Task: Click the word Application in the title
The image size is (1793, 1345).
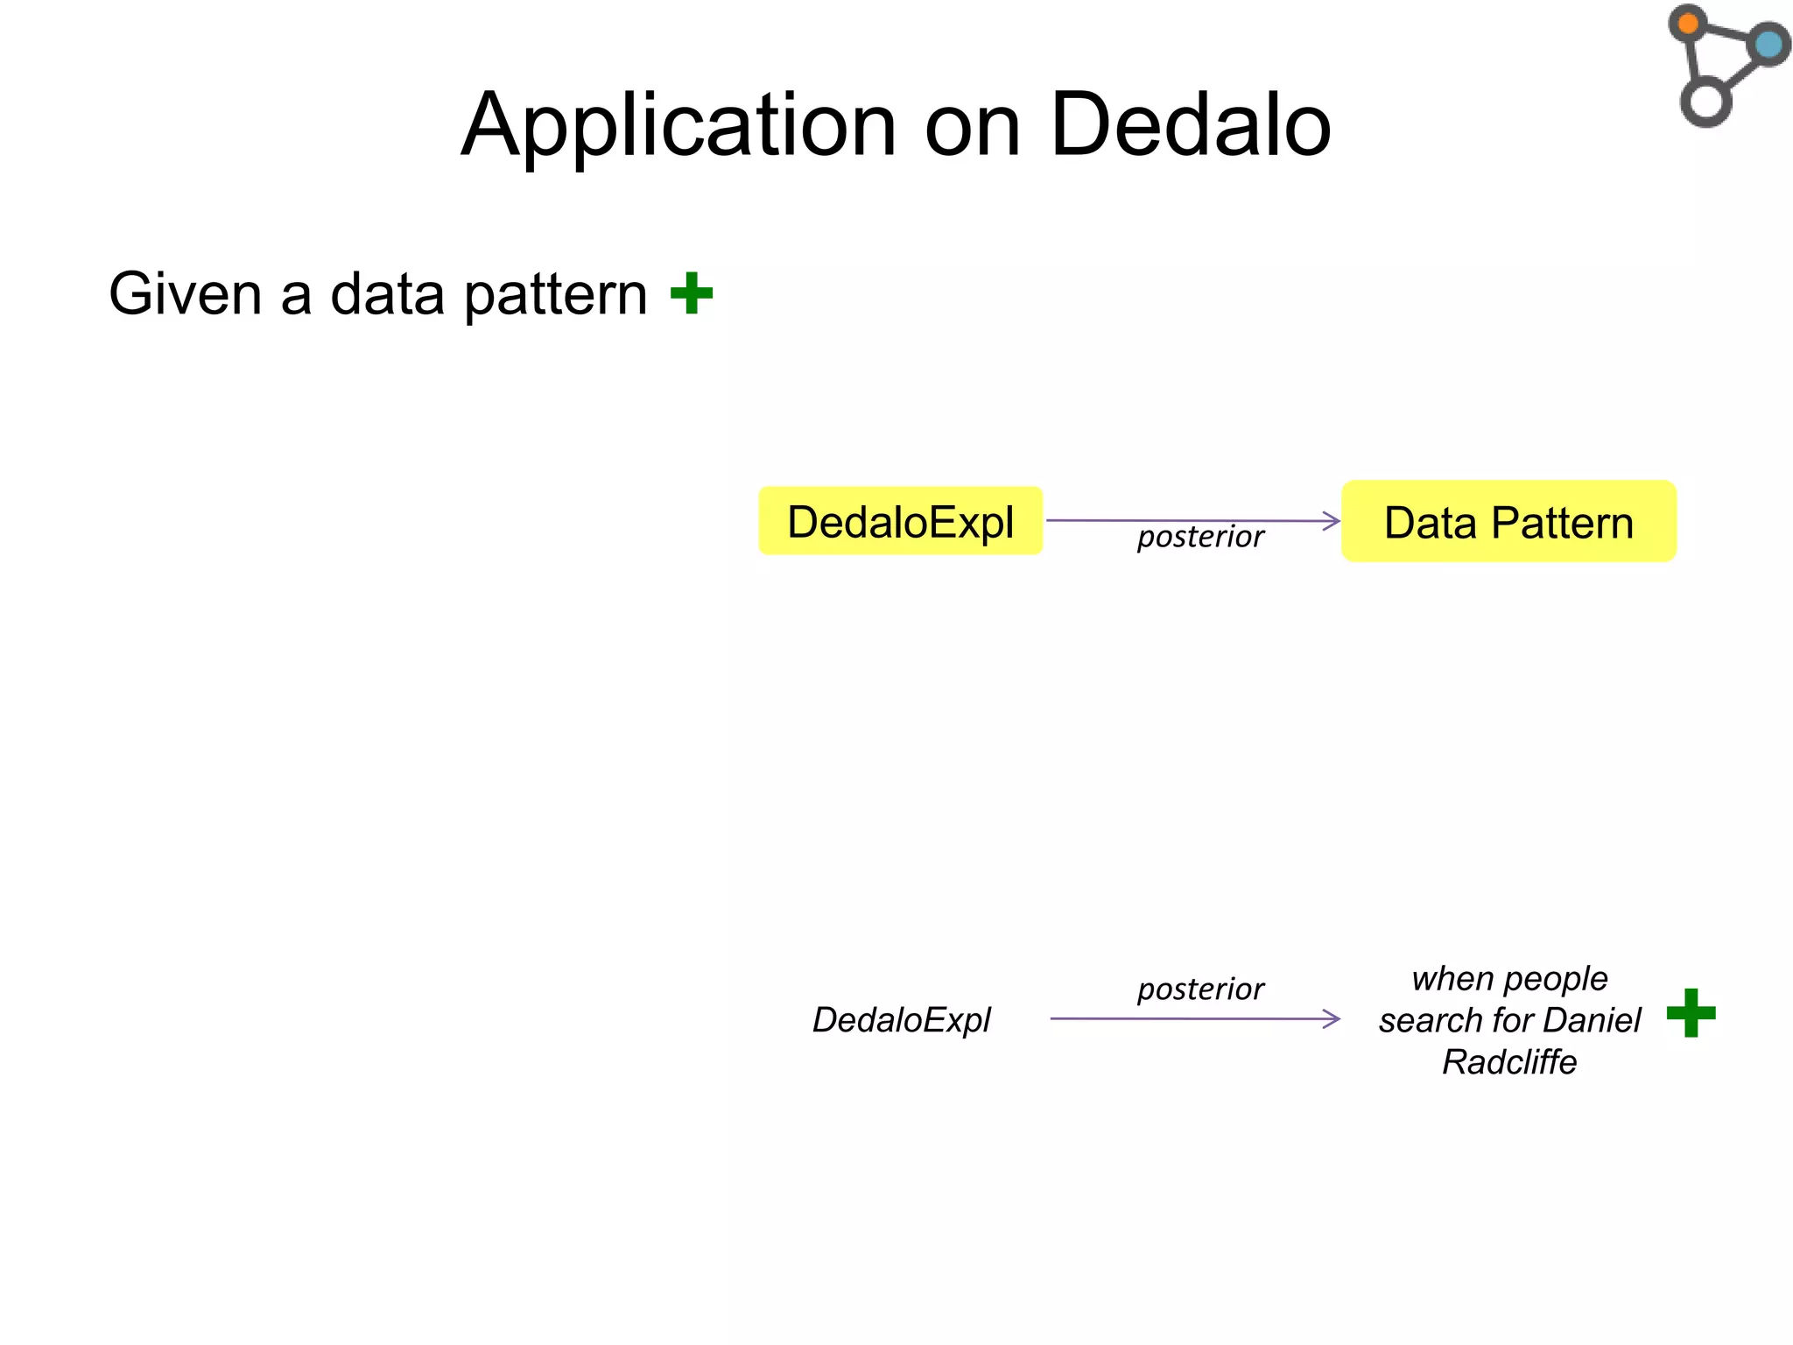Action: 679,127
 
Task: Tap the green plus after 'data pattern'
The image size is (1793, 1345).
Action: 692,293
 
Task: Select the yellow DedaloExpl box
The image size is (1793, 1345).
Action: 900,522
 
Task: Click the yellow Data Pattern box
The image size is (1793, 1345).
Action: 1508,522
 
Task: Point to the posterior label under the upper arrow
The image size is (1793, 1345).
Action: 1200,537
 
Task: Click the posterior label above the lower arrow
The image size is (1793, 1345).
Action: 1200,989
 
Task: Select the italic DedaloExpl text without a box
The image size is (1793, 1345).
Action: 901,1020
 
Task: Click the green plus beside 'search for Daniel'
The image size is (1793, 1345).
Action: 1691,1013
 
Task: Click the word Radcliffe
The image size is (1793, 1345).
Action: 1509,1062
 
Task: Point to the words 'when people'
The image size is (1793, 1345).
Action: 1509,978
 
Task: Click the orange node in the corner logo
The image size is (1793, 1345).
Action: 1688,24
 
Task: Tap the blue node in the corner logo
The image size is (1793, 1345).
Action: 1768,44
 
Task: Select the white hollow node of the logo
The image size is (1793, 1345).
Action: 1705,102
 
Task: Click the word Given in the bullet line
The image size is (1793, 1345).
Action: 185,294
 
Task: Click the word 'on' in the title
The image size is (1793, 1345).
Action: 973,127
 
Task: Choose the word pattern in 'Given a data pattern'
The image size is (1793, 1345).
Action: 556,296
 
